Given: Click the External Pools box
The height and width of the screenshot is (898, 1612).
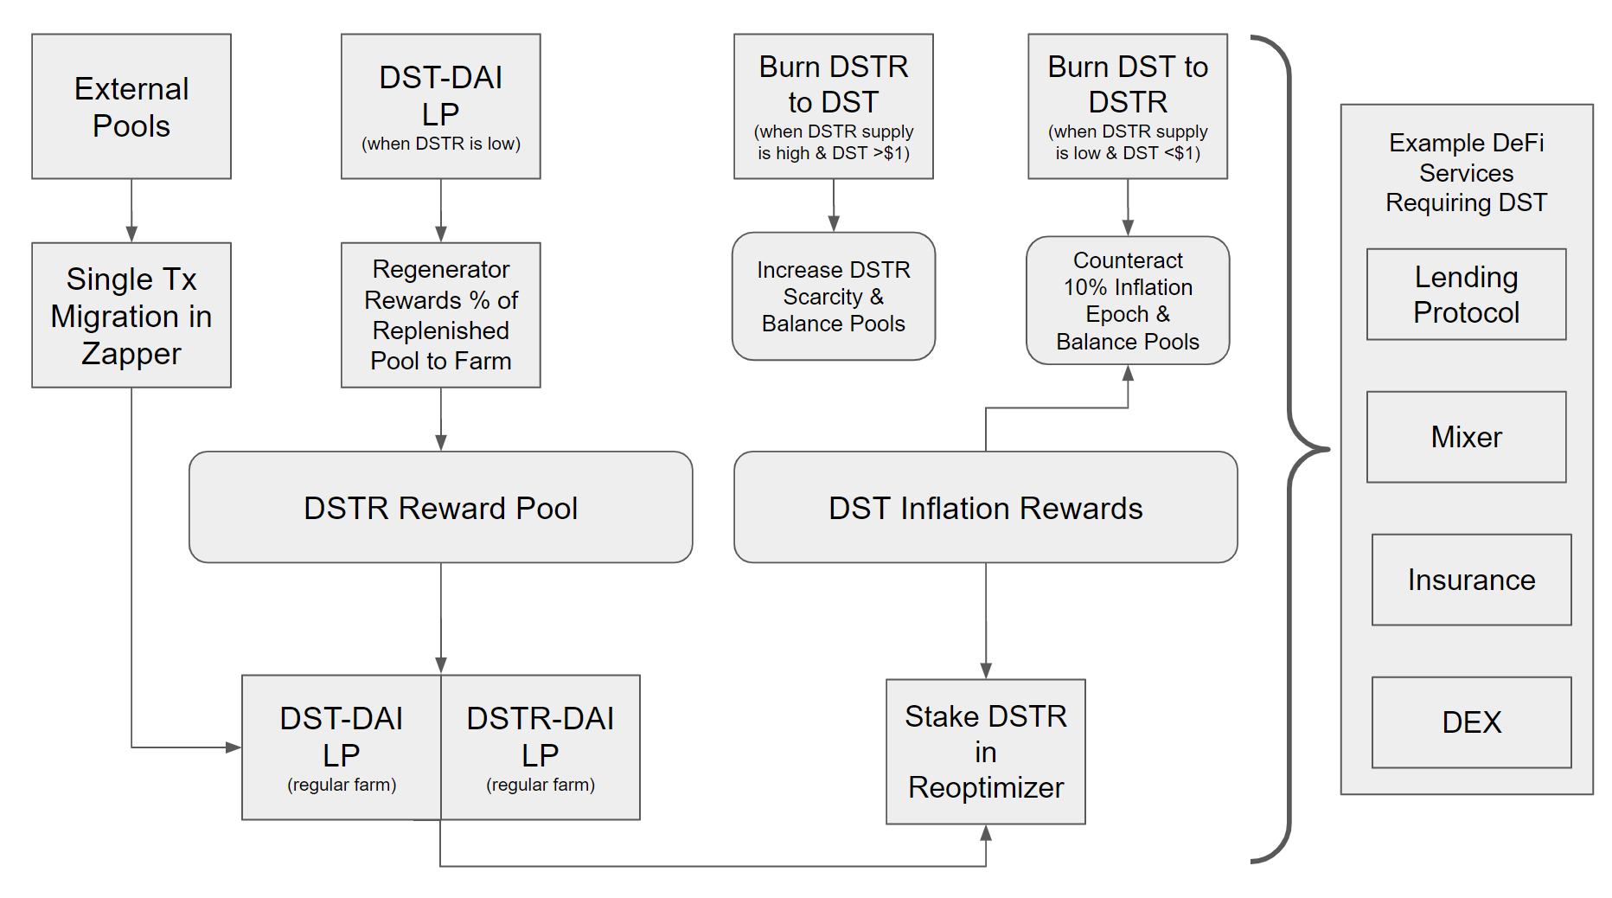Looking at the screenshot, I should tap(131, 106).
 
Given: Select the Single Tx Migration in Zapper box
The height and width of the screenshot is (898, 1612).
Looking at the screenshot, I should tap(131, 315).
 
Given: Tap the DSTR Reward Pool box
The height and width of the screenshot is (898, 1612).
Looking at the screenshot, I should tap(440, 507).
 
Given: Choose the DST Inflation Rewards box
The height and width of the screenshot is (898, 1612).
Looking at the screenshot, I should tap(985, 507).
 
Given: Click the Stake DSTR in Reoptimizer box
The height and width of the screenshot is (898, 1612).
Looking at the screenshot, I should tap(985, 751).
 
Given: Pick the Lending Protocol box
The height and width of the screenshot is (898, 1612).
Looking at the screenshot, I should tap(1466, 294).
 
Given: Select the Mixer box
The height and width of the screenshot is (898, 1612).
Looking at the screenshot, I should tap(1466, 437).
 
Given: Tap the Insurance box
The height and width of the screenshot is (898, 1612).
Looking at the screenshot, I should tap(1471, 580).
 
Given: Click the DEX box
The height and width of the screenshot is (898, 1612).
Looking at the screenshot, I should tap(1471, 722).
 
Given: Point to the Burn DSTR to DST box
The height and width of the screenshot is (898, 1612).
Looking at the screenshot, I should tap(833, 106).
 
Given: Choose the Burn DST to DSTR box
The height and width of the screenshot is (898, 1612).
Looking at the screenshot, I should tap(1127, 106).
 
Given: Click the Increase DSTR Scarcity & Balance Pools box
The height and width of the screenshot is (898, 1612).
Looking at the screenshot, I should tap(833, 296).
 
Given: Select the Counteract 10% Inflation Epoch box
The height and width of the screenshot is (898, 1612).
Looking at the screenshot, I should tap(1127, 300).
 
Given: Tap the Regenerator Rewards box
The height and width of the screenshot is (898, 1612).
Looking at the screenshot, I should tap(440, 315).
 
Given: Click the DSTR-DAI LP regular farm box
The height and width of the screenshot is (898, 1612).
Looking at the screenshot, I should tap(541, 747).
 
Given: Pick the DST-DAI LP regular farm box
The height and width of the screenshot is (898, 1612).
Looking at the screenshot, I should tap(342, 747).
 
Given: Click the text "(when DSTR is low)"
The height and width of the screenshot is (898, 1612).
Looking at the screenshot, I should tap(440, 144).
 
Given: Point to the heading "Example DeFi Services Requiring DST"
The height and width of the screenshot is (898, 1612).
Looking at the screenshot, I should tap(1466, 172).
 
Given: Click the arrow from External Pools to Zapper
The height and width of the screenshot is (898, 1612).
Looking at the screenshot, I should tap(131, 210).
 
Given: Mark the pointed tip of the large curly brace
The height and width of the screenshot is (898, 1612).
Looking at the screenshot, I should tap(1327, 449).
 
